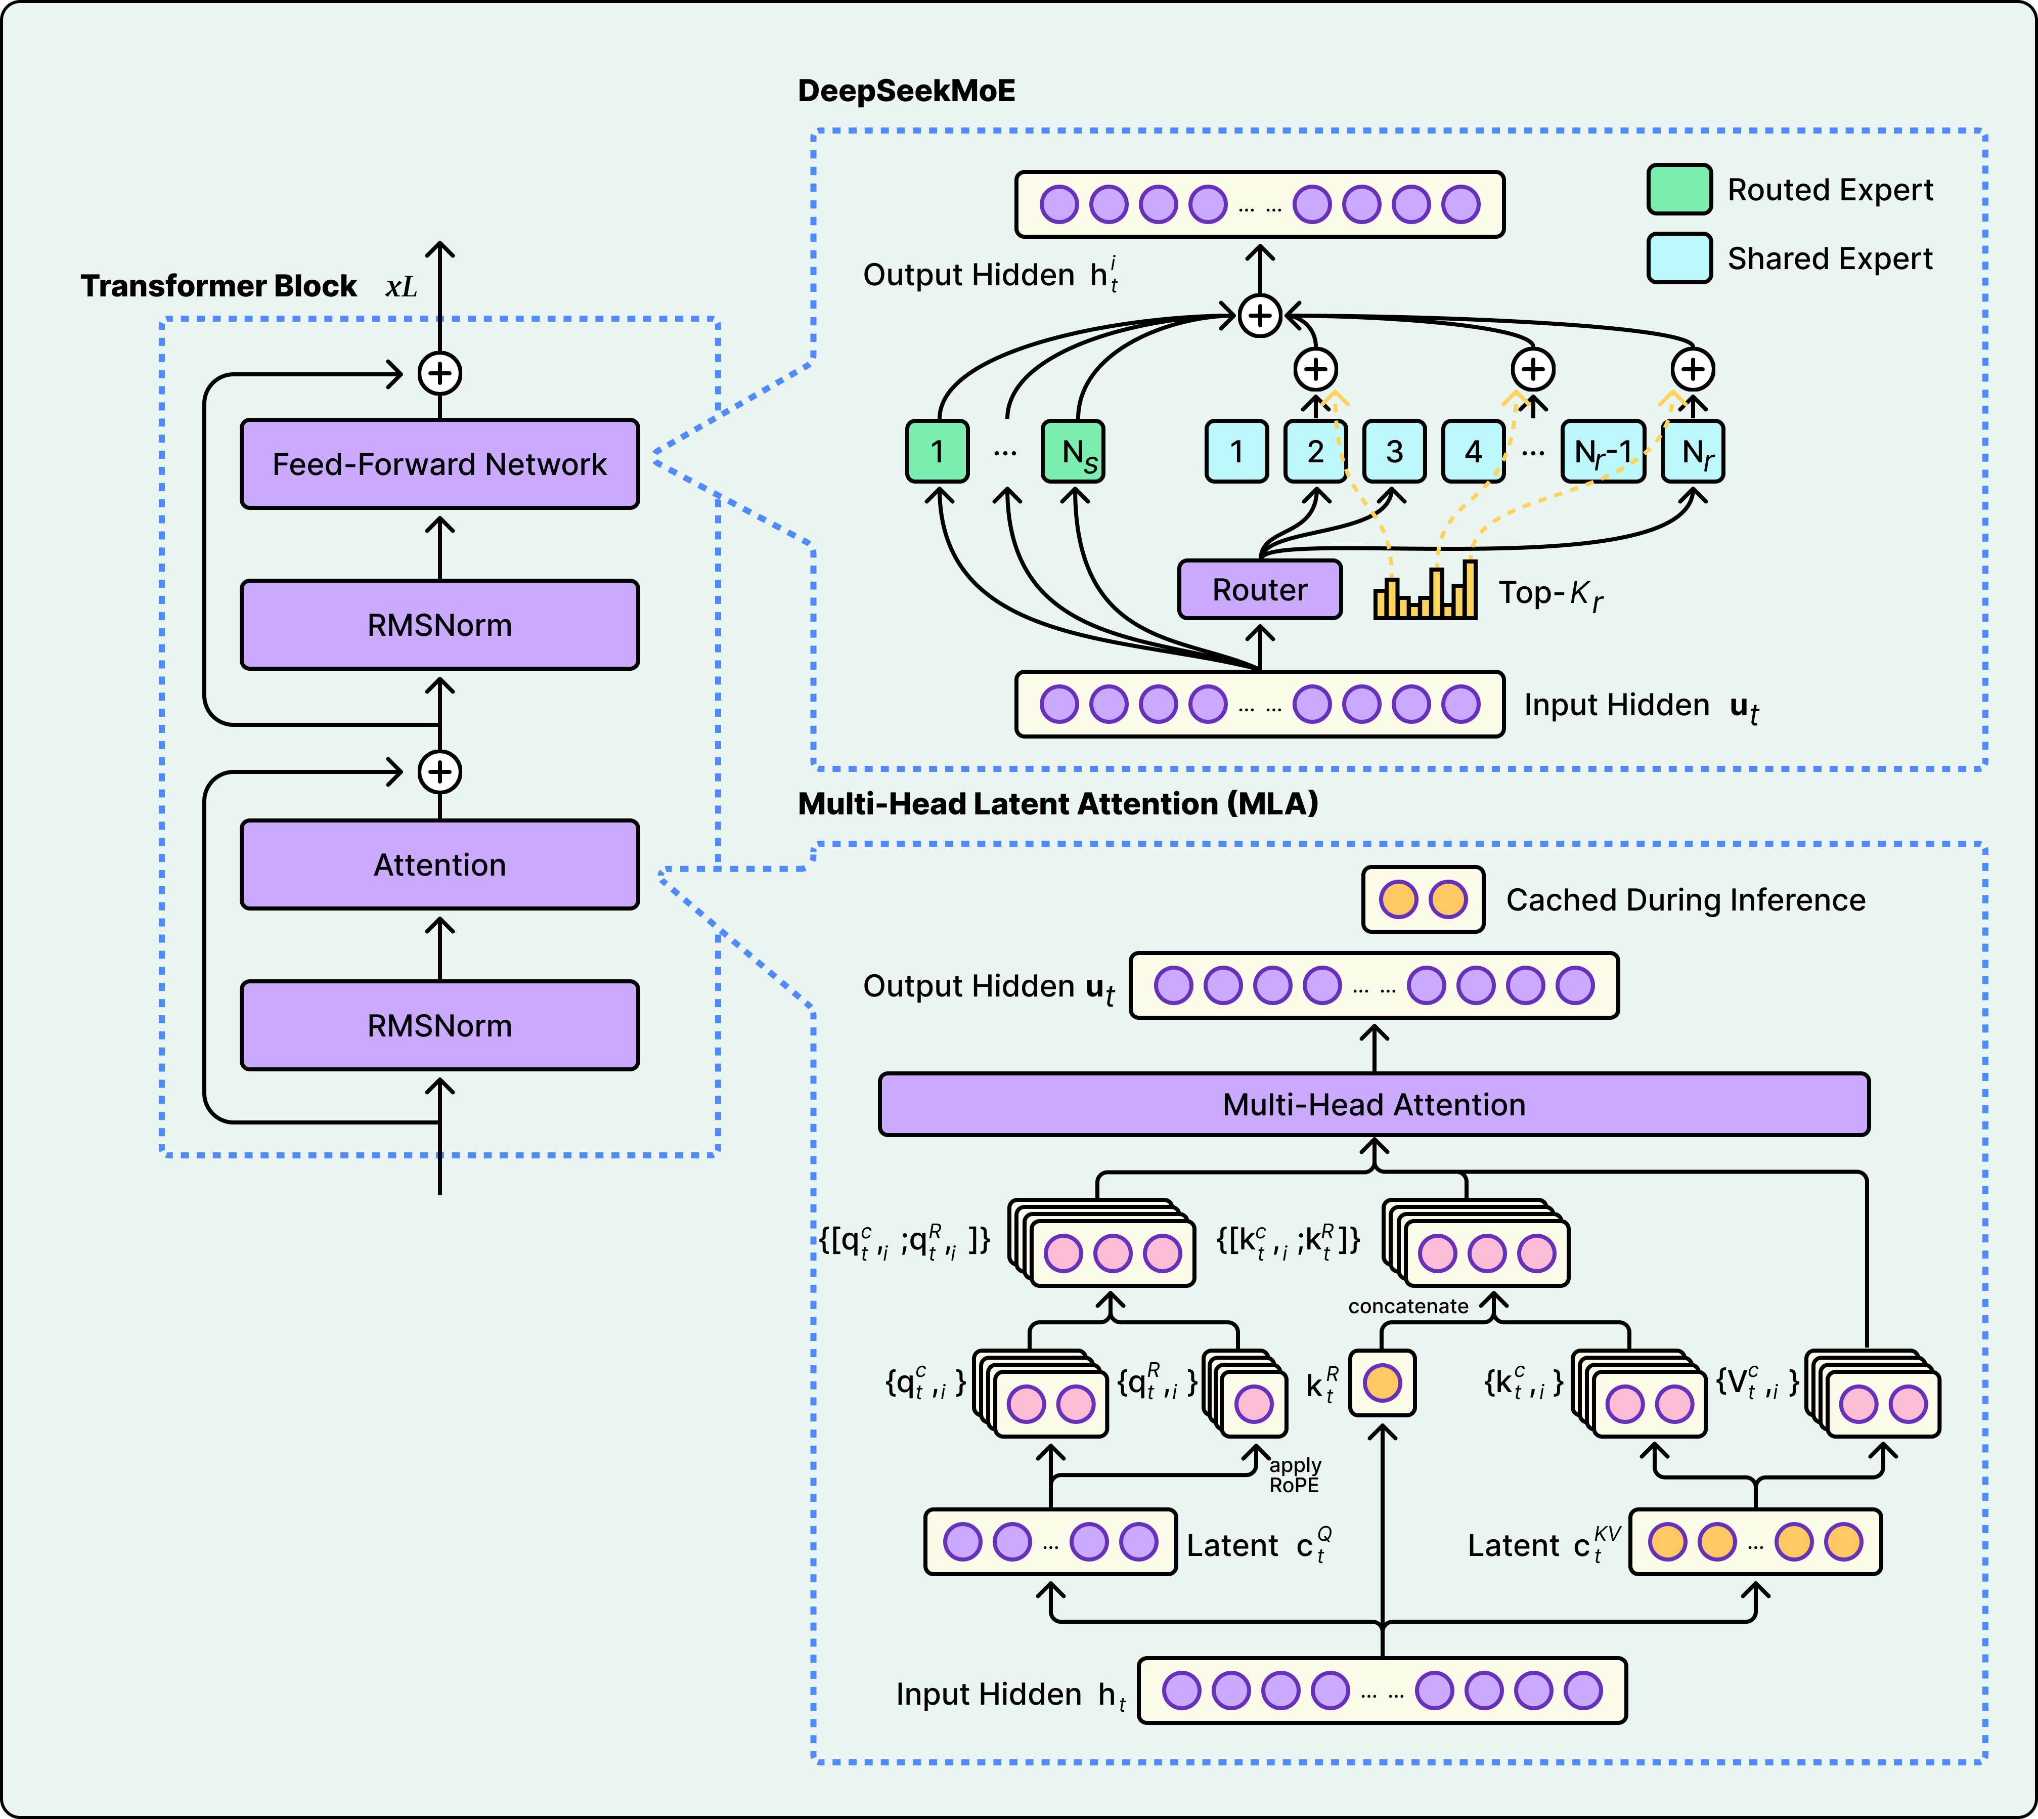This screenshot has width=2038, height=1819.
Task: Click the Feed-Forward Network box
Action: [x=439, y=464]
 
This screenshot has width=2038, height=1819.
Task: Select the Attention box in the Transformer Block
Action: [x=439, y=864]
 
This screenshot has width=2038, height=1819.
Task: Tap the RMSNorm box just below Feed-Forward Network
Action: [x=439, y=625]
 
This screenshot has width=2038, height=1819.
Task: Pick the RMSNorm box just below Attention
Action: [x=439, y=1025]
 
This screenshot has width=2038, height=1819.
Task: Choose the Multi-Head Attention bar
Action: [x=1374, y=1104]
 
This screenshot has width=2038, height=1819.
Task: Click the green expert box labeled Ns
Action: [x=1073, y=452]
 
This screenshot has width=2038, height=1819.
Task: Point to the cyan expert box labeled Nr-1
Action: [x=1603, y=452]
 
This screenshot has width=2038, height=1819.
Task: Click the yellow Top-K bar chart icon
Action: [x=1426, y=592]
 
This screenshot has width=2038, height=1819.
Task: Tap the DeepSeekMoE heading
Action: [x=906, y=91]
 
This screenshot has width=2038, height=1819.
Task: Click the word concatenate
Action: [x=1407, y=1306]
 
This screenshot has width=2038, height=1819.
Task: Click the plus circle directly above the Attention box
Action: [x=439, y=771]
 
